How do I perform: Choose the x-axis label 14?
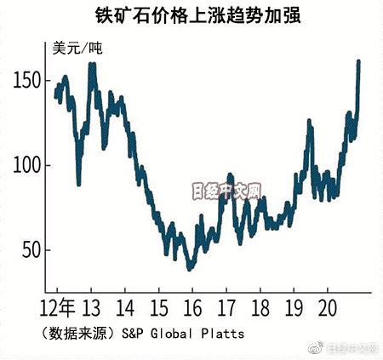pyautogui.click(x=126, y=306)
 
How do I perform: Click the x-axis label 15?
pyautogui.click(x=159, y=306)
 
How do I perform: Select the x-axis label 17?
pyautogui.click(x=226, y=306)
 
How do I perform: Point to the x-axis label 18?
pyautogui.click(x=260, y=306)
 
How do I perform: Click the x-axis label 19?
pyautogui.click(x=293, y=306)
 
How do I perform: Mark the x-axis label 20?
pyautogui.click(x=326, y=306)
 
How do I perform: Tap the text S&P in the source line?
pyautogui.click(x=133, y=334)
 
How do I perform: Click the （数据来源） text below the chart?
pyautogui.click(x=77, y=334)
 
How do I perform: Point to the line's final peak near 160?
pyautogui.click(x=358, y=62)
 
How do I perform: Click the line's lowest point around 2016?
pyautogui.click(x=190, y=267)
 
